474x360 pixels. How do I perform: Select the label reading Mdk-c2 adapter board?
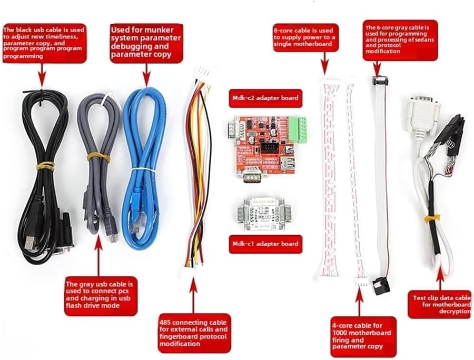(x=265, y=98)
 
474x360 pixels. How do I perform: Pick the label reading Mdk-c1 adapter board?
(x=265, y=244)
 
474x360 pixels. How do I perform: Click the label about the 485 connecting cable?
(x=194, y=333)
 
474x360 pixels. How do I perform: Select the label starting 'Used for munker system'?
(x=145, y=42)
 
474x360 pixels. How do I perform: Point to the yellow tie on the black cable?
(x=45, y=166)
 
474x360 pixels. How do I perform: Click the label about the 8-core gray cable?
(x=400, y=41)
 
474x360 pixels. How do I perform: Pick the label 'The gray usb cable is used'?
(x=101, y=295)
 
